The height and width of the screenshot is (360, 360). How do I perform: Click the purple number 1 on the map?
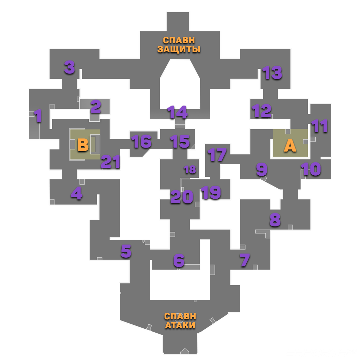pyautogui.click(x=38, y=116)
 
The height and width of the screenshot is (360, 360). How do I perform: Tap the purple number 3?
pyautogui.click(x=69, y=67)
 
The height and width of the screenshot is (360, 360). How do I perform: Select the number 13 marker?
pyautogui.click(x=272, y=73)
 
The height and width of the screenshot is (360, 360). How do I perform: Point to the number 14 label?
pyautogui.click(x=177, y=112)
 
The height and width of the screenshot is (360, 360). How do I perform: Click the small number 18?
pyautogui.click(x=190, y=169)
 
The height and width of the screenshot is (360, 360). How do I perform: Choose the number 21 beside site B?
pyautogui.click(x=110, y=162)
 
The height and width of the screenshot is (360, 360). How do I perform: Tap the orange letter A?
pyautogui.click(x=290, y=145)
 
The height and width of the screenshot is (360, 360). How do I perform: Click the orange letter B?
pyautogui.click(x=83, y=145)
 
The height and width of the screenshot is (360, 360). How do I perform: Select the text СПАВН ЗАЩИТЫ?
pyautogui.click(x=179, y=44)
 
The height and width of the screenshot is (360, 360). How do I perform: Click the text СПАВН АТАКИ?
pyautogui.click(x=180, y=320)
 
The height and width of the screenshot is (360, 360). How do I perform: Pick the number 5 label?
pyautogui.click(x=126, y=252)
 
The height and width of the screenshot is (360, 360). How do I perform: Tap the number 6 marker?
pyautogui.click(x=179, y=261)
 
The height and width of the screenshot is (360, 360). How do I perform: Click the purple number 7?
pyautogui.click(x=245, y=260)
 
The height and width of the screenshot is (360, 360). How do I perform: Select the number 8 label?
pyautogui.click(x=275, y=220)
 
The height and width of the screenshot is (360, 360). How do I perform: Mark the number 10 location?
pyautogui.click(x=311, y=169)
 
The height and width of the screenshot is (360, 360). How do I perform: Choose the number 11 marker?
pyautogui.click(x=320, y=126)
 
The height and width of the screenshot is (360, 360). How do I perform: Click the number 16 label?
pyautogui.click(x=141, y=141)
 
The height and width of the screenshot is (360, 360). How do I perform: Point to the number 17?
pyautogui.click(x=217, y=155)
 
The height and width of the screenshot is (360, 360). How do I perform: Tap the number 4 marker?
pyautogui.click(x=76, y=194)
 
